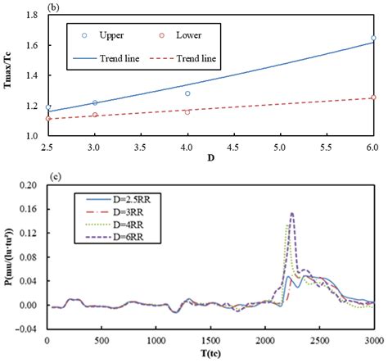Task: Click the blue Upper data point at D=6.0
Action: tap(373, 38)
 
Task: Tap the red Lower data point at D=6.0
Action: tap(373, 98)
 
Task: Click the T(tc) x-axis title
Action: tap(210, 354)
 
